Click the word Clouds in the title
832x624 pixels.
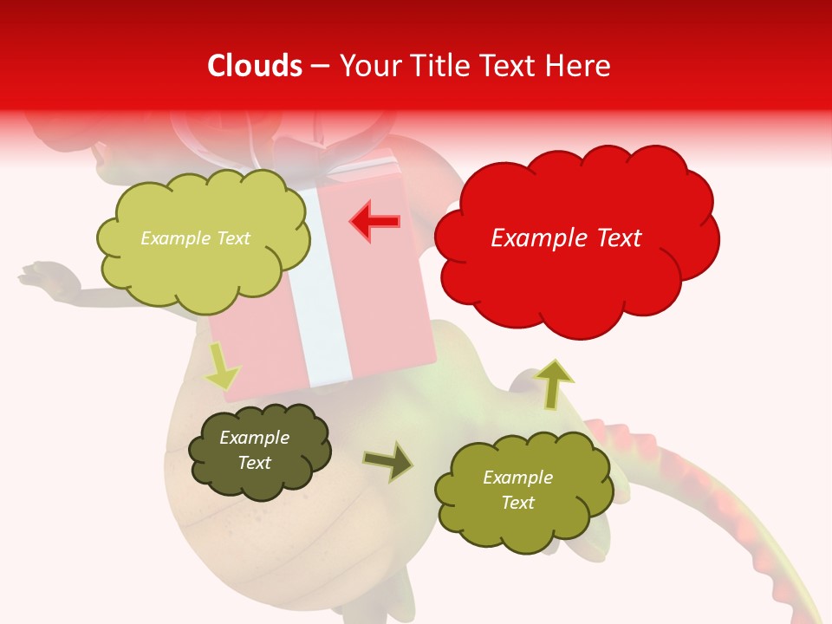[x=254, y=66]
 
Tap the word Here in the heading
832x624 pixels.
[x=578, y=66]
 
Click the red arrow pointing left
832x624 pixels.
[x=374, y=222]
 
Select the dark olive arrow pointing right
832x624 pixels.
[x=389, y=462]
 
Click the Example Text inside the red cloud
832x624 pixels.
[x=566, y=238]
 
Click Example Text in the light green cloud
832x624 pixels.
[x=195, y=238]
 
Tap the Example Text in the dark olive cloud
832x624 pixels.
[x=254, y=450]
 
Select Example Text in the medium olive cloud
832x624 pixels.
[x=517, y=490]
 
